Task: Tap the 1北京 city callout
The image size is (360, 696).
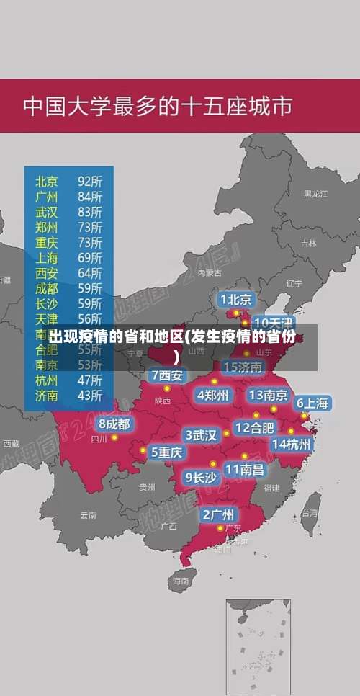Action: tap(236, 299)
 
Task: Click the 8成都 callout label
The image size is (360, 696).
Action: tap(114, 424)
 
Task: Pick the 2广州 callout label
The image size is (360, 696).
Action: tap(217, 514)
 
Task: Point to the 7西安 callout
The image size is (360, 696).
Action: tap(167, 375)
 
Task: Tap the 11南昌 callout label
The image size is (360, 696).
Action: tap(245, 469)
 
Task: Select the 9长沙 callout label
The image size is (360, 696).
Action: tap(201, 477)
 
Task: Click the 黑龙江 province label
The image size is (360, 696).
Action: tap(315, 194)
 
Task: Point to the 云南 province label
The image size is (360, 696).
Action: tap(88, 515)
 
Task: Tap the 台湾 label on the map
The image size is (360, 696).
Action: tap(309, 514)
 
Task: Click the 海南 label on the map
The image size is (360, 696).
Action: tap(179, 580)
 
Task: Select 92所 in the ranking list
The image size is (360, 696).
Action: tap(90, 181)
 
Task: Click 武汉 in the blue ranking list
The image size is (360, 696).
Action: tap(47, 212)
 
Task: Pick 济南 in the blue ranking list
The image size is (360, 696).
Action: tap(47, 395)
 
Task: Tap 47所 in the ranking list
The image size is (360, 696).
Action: tap(90, 380)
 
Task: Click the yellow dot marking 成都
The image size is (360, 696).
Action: tap(114, 437)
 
